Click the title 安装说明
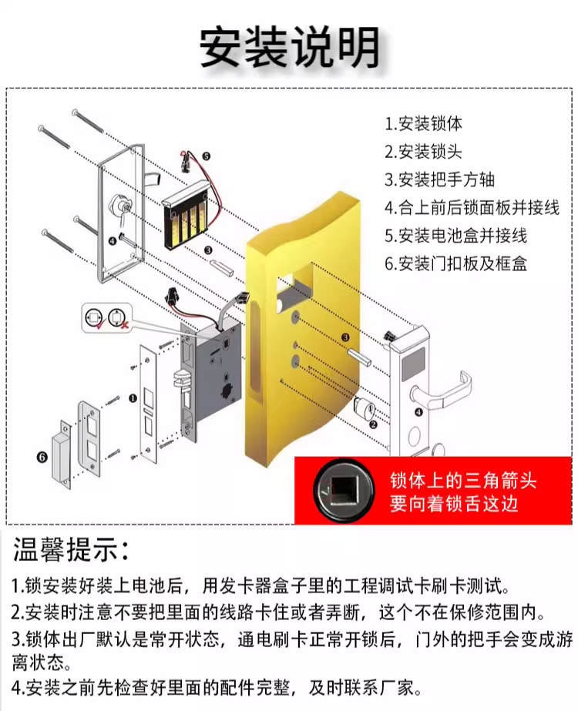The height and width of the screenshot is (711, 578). [290, 47]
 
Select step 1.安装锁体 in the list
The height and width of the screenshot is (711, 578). [424, 123]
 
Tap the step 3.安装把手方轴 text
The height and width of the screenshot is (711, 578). [439, 179]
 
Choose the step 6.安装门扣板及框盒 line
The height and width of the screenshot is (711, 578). [456, 263]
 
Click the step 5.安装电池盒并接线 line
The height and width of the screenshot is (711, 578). [456, 236]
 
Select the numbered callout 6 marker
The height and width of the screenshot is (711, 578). [42, 457]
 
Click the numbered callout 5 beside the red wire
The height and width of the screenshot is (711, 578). [206, 156]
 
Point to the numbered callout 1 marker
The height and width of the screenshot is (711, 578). [133, 398]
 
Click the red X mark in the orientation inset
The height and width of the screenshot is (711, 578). [125, 324]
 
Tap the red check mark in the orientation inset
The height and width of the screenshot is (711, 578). [101, 324]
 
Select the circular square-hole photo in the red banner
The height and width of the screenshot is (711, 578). [344, 491]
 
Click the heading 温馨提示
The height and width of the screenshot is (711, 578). [71, 550]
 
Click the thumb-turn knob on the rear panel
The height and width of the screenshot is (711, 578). [119, 206]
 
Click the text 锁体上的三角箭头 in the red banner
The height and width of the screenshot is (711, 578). [462, 481]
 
